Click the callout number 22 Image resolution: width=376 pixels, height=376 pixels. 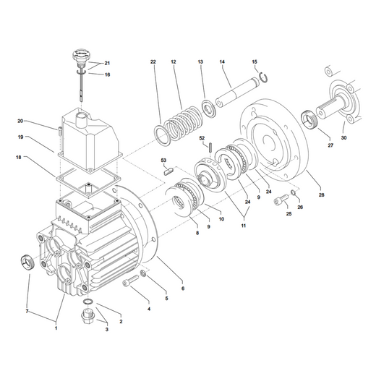coord(153,62)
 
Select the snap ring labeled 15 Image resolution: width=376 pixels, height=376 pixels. coord(264,77)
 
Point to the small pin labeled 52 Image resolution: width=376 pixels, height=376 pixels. coord(210,148)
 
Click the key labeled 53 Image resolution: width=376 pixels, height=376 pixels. coord(168,172)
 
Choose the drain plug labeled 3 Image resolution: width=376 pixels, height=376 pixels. coord(88,317)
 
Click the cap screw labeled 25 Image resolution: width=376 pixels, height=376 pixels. coord(281,200)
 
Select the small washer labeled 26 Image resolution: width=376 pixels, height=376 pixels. coord(294,192)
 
